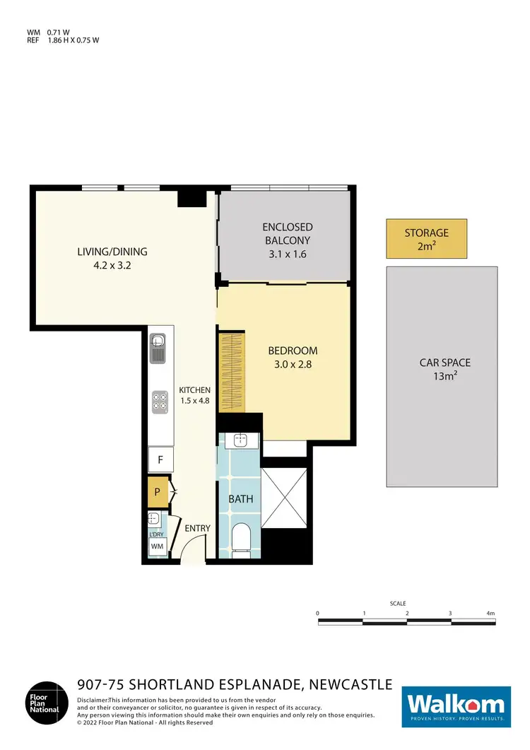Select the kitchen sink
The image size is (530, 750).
pos(159,347)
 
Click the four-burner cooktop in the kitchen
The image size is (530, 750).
pos(159,402)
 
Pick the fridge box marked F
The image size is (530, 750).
pos(160,460)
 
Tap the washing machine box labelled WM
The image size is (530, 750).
pos(158,546)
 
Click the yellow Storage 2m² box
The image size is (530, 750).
pos(426,239)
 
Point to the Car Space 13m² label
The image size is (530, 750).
pos(444,369)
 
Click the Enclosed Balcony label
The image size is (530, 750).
pos(287,240)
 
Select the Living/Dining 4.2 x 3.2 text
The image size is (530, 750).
pos(112,259)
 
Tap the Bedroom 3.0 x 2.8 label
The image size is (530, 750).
pos(293,357)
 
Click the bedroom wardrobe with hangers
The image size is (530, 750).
pos(231,373)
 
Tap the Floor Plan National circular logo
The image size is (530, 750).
pos(48,703)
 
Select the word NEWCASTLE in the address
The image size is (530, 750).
pos(348,684)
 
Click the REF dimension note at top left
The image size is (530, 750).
pos(64,40)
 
